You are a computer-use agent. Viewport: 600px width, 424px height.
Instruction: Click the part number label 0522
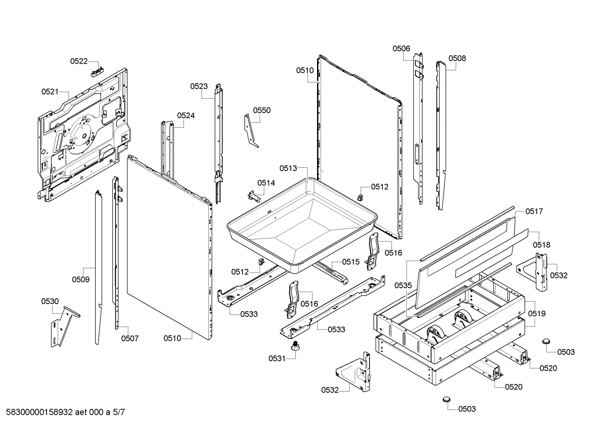[x=79, y=61]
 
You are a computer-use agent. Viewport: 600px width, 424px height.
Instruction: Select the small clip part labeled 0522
[x=97, y=72]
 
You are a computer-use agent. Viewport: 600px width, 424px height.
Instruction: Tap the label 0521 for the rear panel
[x=50, y=92]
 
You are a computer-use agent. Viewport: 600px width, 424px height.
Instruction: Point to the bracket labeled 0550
[x=250, y=130]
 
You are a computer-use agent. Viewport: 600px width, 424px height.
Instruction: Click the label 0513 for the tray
[x=288, y=169]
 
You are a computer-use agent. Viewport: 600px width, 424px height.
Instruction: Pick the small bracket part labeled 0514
[x=254, y=196]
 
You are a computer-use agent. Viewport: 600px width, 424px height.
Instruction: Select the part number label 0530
[x=50, y=302]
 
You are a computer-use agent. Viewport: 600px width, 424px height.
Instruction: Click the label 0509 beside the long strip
[x=81, y=280]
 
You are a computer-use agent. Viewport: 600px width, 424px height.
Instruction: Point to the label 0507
[x=130, y=339]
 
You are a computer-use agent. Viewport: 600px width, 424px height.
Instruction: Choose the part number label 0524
[x=186, y=116]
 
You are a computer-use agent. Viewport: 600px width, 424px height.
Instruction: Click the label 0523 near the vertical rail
[x=199, y=86]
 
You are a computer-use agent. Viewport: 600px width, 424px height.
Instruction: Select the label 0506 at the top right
[x=401, y=49]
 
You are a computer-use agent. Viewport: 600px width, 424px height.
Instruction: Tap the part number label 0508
[x=457, y=58]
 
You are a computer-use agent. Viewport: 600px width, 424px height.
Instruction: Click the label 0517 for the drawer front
[x=534, y=212]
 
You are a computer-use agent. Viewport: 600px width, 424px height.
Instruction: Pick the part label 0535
[x=403, y=286]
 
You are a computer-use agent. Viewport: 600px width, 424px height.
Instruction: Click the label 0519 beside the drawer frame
[x=537, y=314]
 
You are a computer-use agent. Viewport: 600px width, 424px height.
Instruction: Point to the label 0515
[x=351, y=262]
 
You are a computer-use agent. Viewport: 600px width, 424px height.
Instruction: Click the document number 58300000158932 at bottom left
[x=40, y=412]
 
